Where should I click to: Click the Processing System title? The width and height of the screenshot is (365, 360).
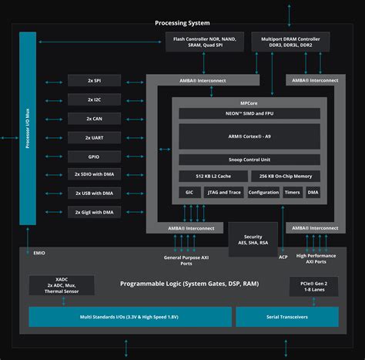[x=182, y=23]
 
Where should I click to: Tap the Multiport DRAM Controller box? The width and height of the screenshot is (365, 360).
[x=290, y=42]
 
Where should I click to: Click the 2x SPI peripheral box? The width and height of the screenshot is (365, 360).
[x=95, y=81]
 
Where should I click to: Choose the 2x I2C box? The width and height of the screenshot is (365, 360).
[x=95, y=99]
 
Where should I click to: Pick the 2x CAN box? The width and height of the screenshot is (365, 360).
[x=95, y=118]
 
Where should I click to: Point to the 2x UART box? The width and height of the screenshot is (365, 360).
[x=95, y=137]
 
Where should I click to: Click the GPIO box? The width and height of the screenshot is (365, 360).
[x=95, y=156]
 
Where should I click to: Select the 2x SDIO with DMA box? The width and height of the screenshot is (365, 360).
[x=95, y=174]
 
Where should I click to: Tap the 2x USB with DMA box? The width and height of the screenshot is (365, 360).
[x=95, y=193]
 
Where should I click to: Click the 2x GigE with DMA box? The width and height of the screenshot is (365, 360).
[x=95, y=211]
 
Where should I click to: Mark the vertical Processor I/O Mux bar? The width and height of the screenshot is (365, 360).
[x=28, y=128]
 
